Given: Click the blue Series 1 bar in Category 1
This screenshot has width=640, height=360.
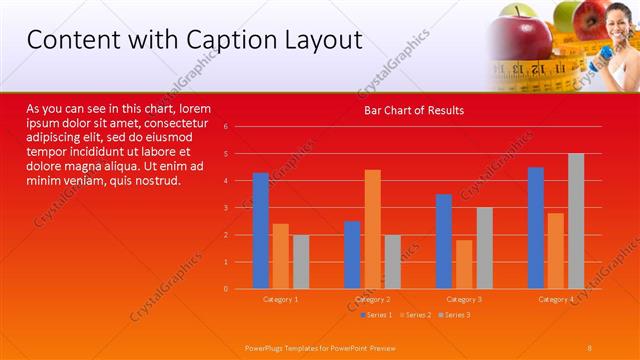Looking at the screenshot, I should pos(261,231).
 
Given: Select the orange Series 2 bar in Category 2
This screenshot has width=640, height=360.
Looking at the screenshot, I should pos(372,229).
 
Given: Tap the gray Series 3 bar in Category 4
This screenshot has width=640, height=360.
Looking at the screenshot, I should pos(576,221).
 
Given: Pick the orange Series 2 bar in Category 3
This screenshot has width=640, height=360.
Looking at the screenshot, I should pos(464,264).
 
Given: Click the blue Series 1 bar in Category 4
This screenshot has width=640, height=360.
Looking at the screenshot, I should pos(536,228).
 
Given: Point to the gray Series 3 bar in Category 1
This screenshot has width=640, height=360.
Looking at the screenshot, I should pos(301,262).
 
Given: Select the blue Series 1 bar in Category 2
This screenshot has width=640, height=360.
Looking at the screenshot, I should pos(352,255).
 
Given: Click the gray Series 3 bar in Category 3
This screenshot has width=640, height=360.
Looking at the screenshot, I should pos(484,248).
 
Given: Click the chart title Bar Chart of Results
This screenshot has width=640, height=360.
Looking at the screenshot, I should pos(413,110).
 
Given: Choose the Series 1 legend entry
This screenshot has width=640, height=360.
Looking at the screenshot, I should pos(376,315).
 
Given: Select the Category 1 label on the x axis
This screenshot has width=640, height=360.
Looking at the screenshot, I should pos(281,299).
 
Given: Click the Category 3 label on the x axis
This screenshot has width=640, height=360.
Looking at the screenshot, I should pos(464,299).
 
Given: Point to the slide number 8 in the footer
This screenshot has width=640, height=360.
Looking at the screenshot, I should pos(590,346).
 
